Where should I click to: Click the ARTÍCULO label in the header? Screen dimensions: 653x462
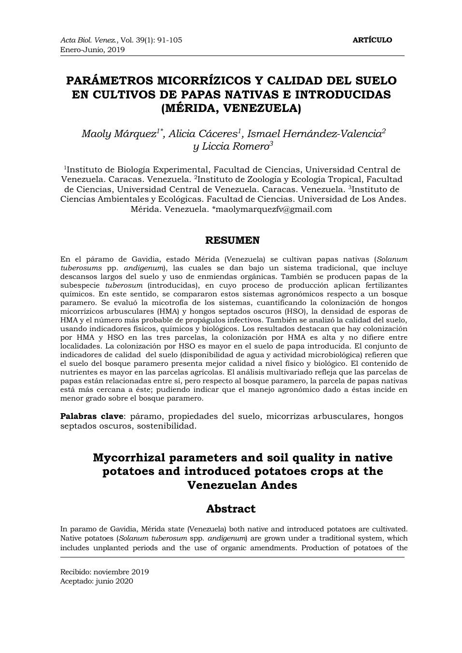point(372,40)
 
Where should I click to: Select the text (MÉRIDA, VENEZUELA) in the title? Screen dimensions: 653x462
point(231,108)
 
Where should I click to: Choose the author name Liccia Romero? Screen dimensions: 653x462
point(231,147)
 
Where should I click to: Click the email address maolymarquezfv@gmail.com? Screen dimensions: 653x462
point(274,209)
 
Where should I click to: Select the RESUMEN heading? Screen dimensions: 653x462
point(233,240)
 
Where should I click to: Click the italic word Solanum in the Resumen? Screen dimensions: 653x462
point(392,259)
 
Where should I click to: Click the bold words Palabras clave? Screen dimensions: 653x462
point(92,416)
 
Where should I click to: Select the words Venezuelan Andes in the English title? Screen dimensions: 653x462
point(242,485)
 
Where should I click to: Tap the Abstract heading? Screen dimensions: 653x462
point(231,509)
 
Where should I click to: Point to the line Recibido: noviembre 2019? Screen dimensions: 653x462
point(104,572)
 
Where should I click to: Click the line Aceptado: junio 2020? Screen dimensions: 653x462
point(97,581)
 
